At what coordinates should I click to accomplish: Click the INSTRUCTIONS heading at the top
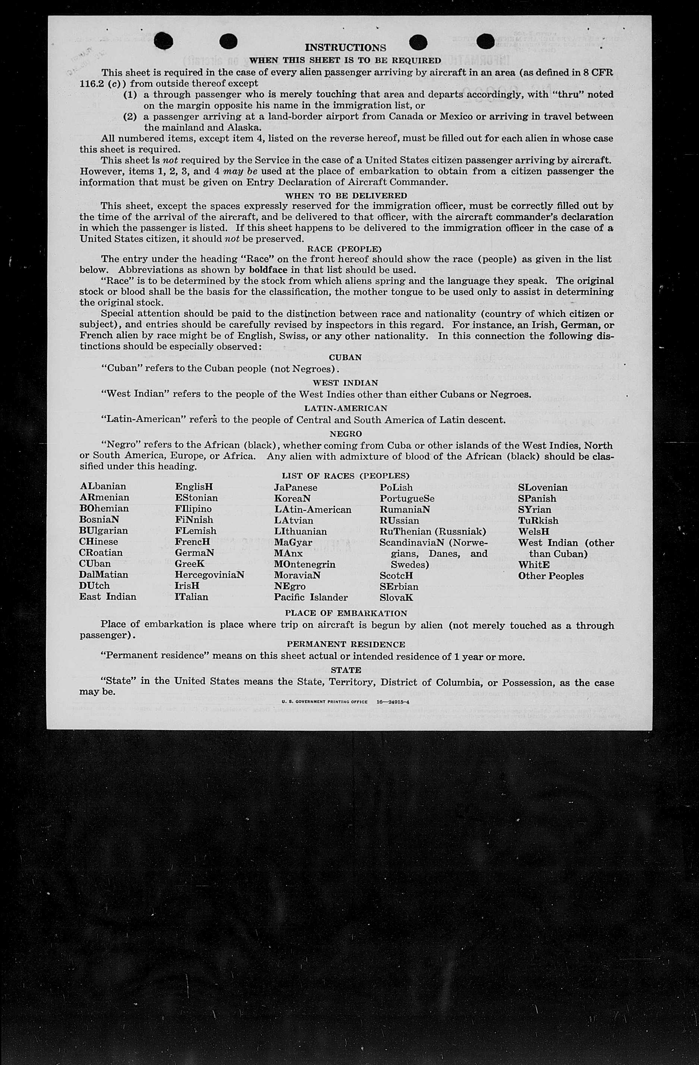click(345, 47)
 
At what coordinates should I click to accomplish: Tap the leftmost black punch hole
click(163, 41)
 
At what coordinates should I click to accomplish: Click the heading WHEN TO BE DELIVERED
click(346, 195)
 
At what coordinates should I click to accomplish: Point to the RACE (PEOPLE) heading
click(344, 249)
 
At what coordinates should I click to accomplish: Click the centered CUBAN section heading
click(345, 358)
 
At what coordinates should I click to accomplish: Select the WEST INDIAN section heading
click(345, 383)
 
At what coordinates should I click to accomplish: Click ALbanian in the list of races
click(103, 486)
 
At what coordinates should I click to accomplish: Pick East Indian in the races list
click(108, 597)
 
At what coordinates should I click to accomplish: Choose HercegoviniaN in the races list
click(210, 575)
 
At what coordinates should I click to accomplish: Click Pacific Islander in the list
click(311, 597)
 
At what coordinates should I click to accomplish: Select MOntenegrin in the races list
click(304, 564)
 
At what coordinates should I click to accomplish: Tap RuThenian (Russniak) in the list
click(433, 532)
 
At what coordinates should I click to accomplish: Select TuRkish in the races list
click(538, 521)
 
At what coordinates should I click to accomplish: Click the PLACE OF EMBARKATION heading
click(346, 613)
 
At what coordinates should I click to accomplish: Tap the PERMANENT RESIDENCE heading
click(346, 644)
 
